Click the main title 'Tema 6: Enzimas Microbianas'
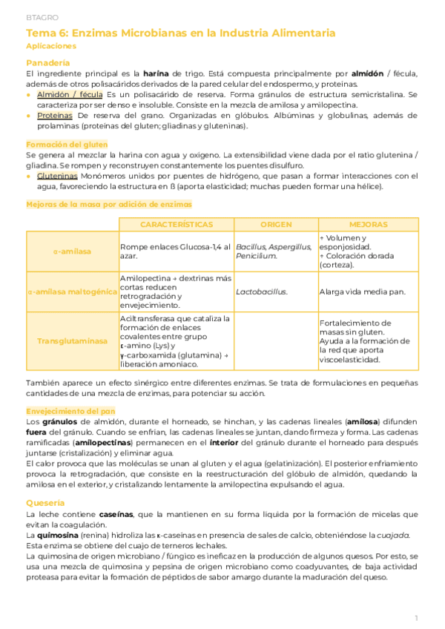[x=180, y=33]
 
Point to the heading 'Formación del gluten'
[x=67, y=144]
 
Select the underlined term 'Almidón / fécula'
[x=70, y=95]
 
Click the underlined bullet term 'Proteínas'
[x=55, y=116]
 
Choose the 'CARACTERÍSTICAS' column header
[x=176, y=224]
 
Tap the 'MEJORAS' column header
[x=368, y=224]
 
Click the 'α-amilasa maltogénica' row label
[x=72, y=292]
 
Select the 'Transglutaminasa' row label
[x=72, y=341]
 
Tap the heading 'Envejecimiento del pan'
[x=70, y=409]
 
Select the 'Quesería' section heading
[x=45, y=502]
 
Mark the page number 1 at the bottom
[x=417, y=617]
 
